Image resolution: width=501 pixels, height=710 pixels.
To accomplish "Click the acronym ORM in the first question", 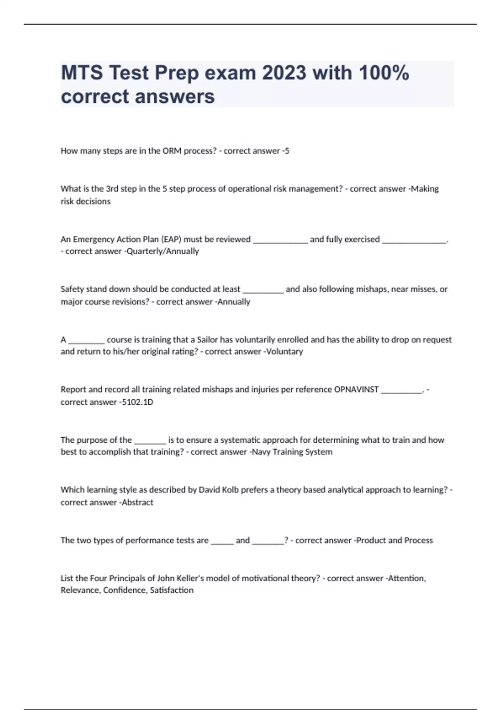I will point(172,151).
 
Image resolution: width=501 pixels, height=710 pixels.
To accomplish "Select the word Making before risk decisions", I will point(425,189).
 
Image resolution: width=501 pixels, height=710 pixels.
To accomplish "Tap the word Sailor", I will point(207,340).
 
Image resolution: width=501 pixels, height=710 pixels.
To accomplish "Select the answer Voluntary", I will point(284,352).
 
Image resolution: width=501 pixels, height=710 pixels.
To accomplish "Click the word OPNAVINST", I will point(356,390).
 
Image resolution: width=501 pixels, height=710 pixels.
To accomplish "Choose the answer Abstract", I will point(137,502).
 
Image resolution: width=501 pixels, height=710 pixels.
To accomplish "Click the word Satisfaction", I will point(172,590).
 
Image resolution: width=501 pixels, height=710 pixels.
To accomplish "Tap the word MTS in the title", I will point(82,73).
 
